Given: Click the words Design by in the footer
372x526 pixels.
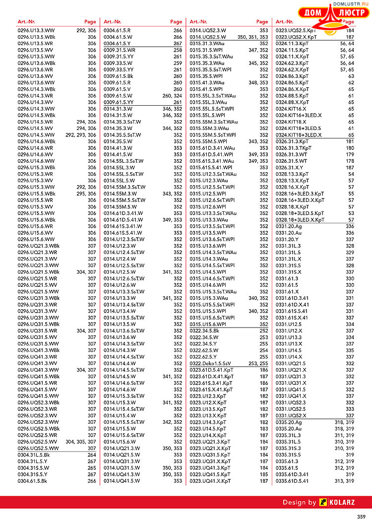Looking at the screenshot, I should click(299, 502).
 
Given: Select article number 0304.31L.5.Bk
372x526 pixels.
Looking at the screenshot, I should click(34, 455).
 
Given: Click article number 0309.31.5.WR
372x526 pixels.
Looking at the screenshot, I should click(119, 50).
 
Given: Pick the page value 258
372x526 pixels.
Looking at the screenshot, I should click(178, 50).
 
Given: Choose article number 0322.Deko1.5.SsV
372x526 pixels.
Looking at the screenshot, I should click(211, 363).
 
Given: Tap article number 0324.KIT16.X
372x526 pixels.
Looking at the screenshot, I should click(291, 108).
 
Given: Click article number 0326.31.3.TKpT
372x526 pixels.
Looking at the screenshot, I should click(294, 148).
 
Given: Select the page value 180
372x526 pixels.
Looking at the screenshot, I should click(350, 148).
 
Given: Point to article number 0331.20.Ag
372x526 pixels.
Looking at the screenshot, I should click(289, 226).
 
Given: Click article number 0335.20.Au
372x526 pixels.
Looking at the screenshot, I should click(289, 428).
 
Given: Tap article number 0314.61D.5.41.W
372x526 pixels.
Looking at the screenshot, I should click(123, 219).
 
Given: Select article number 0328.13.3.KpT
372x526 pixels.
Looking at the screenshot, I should click(293, 174).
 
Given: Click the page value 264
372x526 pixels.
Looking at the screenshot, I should click(92, 455).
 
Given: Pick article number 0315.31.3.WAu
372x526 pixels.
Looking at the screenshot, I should click(207, 43).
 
